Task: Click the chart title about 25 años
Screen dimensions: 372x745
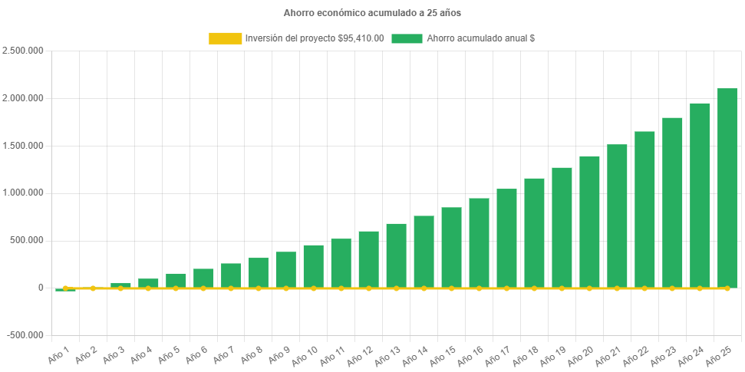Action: pyautogui.click(x=372, y=13)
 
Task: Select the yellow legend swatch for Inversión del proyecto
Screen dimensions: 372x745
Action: pyautogui.click(x=224, y=38)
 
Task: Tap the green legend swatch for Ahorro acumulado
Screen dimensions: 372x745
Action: pyautogui.click(x=407, y=38)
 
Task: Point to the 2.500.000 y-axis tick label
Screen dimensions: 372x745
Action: pyautogui.click(x=23, y=51)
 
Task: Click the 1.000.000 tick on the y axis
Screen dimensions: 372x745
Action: pyautogui.click(x=23, y=193)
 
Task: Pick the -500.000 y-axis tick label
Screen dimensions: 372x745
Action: pyautogui.click(x=25, y=335)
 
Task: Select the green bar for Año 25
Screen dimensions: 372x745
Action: pyautogui.click(x=727, y=188)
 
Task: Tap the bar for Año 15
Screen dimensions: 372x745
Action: pyautogui.click(x=451, y=247)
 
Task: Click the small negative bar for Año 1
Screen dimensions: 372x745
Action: pyautogui.click(x=65, y=290)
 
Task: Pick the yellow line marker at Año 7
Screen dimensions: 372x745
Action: pyautogui.click(x=231, y=288)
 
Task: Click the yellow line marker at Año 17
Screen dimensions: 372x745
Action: pyautogui.click(x=506, y=288)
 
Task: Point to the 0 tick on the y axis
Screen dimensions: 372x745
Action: pyautogui.click(x=41, y=288)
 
